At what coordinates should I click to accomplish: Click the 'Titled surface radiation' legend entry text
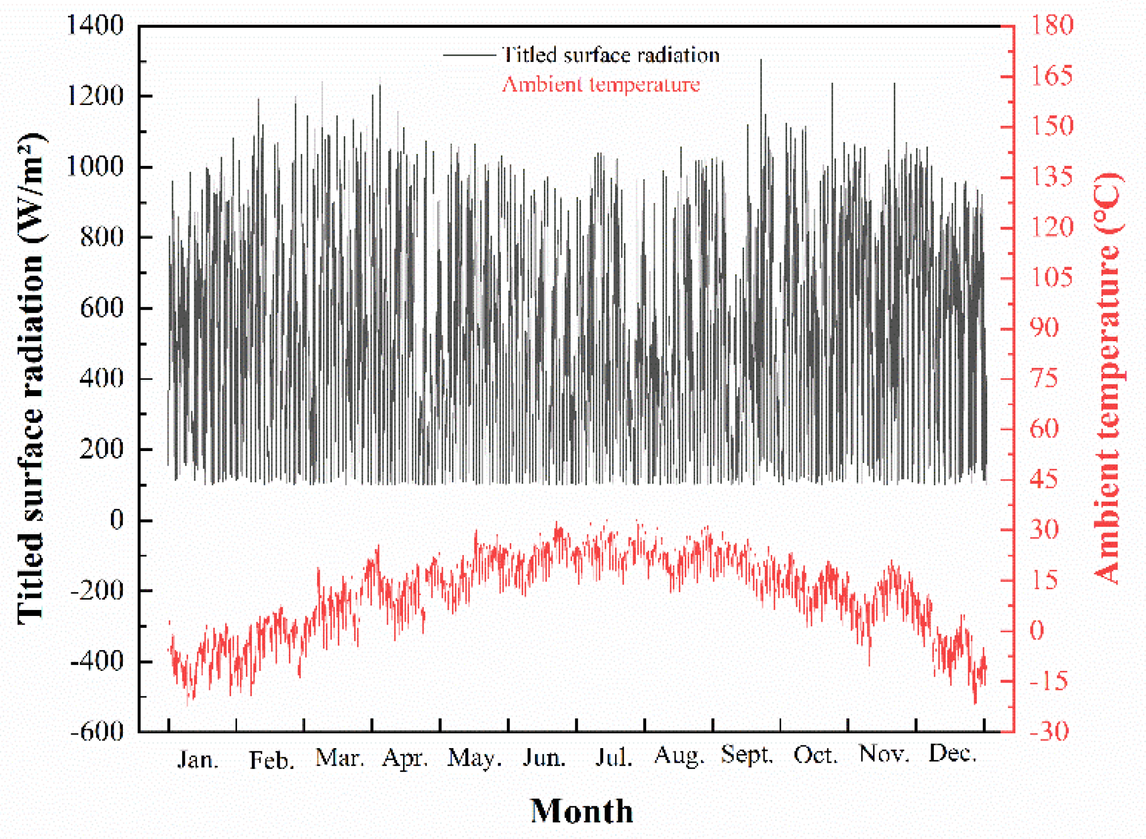pyautogui.click(x=610, y=55)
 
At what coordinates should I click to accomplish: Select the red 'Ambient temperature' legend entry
pyautogui.click(x=600, y=84)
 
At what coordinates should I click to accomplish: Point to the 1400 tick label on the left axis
pyautogui.click(x=95, y=25)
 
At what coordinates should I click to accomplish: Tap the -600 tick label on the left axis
pyautogui.click(x=97, y=731)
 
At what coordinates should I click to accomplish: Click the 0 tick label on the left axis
pyautogui.click(x=116, y=520)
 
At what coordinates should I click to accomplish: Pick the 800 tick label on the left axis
pyautogui.click(x=102, y=237)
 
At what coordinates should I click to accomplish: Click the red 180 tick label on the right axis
pyautogui.click(x=1051, y=25)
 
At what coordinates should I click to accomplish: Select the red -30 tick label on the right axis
pyautogui.click(x=1049, y=731)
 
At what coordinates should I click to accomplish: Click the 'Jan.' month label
pyautogui.click(x=198, y=760)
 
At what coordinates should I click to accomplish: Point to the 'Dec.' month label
pyautogui.click(x=952, y=754)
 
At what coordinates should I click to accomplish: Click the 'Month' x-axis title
pyautogui.click(x=581, y=811)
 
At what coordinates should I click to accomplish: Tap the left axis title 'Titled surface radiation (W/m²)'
pyautogui.click(x=31, y=378)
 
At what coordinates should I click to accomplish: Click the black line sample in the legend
pyautogui.click(x=469, y=55)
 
